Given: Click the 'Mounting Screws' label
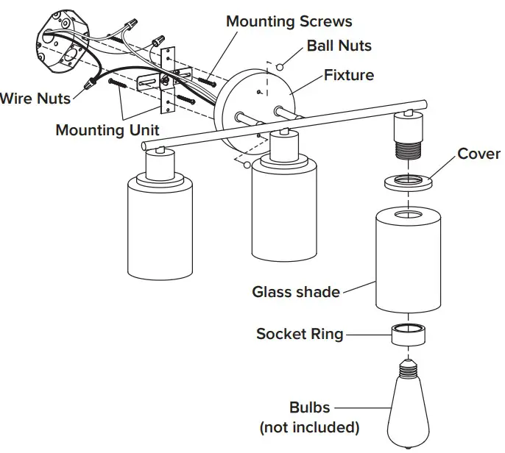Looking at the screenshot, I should point(289,21).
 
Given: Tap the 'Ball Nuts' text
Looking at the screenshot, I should point(339,46).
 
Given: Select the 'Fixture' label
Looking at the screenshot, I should point(348,75).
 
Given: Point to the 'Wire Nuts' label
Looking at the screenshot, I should point(35,97).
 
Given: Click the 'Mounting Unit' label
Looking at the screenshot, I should point(107,130).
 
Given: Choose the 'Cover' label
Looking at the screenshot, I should point(478,154).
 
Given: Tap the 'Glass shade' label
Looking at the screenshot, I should point(296,292).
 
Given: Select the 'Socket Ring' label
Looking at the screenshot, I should point(300,334).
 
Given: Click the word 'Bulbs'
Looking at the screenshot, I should point(309,407).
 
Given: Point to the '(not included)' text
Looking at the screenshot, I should point(309,427).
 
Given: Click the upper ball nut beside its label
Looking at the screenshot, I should point(280,67).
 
